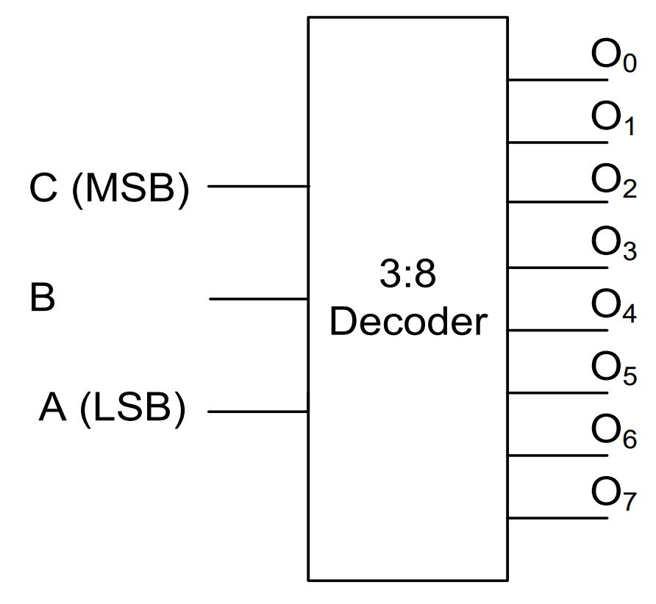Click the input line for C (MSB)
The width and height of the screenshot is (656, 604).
point(257,187)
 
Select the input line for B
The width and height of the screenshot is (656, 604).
point(257,299)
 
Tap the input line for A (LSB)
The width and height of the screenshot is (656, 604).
point(257,412)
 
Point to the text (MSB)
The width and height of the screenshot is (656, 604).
point(131,188)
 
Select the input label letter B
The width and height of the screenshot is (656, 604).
point(43,298)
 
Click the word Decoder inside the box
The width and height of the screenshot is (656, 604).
point(408,322)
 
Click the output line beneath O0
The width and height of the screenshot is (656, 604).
point(557,79)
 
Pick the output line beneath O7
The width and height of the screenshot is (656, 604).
point(557,518)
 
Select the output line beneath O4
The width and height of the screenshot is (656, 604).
point(557,330)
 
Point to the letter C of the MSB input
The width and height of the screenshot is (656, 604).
point(43,188)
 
